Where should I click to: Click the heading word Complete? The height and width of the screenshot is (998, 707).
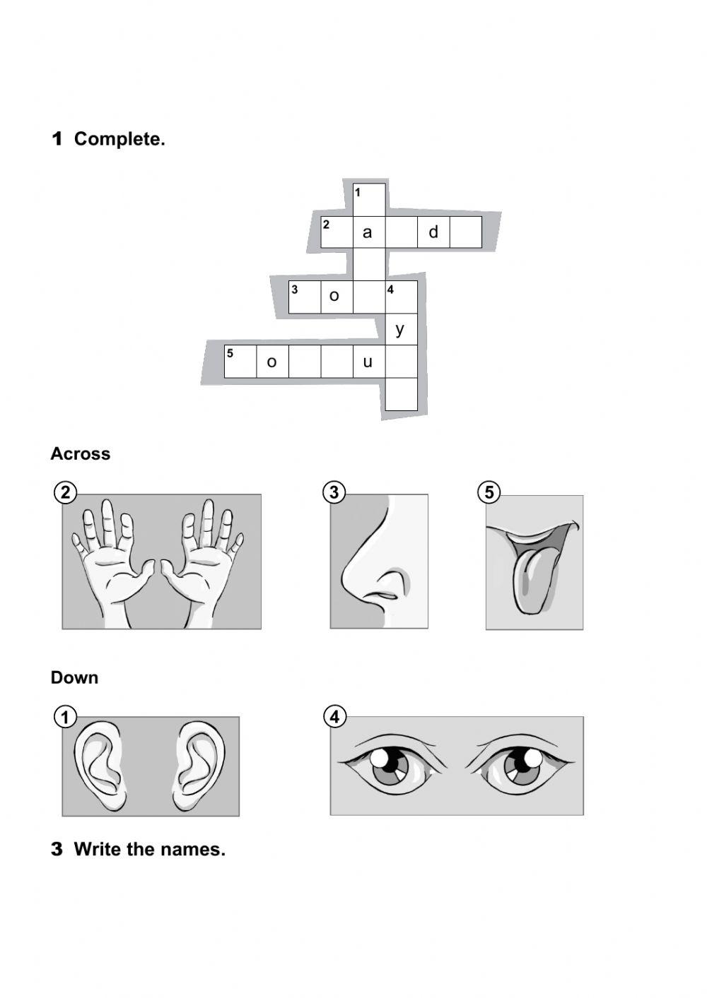119,139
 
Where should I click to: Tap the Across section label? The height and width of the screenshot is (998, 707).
80,453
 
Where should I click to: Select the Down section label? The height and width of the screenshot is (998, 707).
74,677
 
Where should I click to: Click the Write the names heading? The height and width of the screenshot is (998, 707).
149,849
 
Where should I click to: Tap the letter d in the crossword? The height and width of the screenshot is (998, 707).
433,232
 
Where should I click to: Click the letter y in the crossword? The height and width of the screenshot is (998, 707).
400,329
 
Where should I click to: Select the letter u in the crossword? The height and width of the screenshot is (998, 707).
368,362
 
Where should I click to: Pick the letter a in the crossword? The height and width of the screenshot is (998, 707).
367,232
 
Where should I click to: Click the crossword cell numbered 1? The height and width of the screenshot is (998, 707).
369,199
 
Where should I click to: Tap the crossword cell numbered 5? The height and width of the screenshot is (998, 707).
240,362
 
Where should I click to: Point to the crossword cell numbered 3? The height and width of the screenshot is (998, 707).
305,297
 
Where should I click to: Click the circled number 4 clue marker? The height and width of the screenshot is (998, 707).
334,717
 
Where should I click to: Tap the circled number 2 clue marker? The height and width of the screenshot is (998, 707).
65,492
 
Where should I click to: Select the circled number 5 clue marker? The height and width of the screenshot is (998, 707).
489,492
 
